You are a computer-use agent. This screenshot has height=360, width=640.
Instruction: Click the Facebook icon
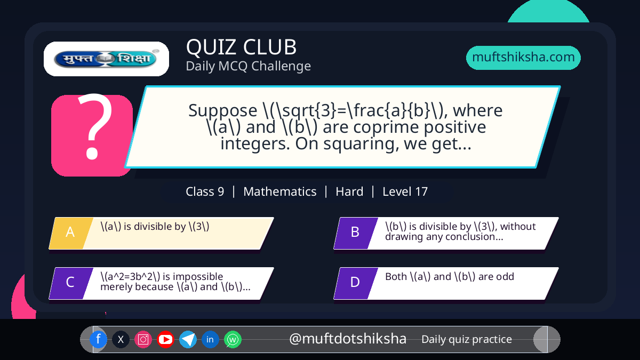point(98,339)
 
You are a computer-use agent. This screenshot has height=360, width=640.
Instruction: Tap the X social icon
point(121,339)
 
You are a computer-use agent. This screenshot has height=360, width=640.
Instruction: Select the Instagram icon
point(143,339)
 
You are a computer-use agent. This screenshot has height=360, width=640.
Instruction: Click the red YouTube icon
point(165,339)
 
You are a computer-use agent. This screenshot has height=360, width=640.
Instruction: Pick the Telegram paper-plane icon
point(188,339)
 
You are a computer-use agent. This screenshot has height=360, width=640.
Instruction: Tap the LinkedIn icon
point(210,339)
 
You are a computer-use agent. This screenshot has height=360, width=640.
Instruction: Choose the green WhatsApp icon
point(233,339)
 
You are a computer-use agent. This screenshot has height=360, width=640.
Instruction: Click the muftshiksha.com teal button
point(523,58)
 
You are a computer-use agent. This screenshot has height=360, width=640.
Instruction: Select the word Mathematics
point(279,191)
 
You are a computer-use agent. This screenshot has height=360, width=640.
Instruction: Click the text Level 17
point(405,191)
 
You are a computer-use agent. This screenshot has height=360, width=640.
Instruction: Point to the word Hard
point(349,191)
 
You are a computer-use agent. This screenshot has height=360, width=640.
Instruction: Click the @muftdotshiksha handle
point(347,339)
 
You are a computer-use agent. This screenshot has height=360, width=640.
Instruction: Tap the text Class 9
point(205,191)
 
